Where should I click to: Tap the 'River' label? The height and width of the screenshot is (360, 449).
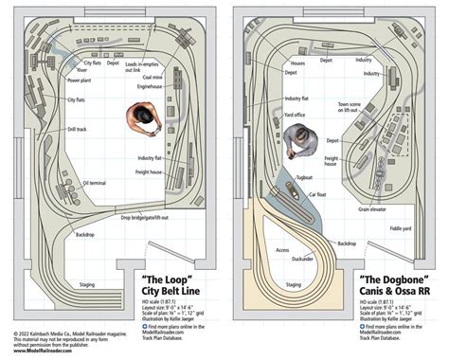click(83, 69)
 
